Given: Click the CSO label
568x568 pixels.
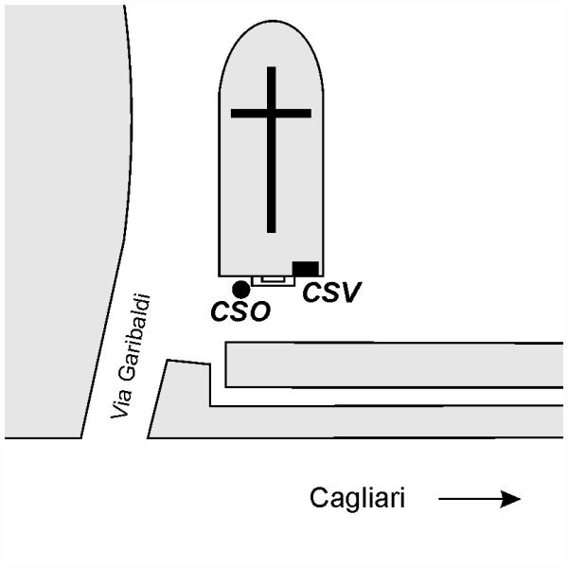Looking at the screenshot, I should [240, 311].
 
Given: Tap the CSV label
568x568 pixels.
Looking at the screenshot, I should [331, 293].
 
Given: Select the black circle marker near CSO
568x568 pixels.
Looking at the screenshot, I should [241, 289].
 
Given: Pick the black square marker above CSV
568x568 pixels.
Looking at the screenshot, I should [305, 268].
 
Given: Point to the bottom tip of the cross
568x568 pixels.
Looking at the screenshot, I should [272, 229].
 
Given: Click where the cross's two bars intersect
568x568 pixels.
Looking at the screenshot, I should [272, 114].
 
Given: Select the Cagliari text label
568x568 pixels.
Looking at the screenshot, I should [358, 499].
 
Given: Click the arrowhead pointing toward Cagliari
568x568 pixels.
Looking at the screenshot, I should [511, 499].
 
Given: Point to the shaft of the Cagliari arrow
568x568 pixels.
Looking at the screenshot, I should [469, 499].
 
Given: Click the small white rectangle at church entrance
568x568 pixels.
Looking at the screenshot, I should [273, 280].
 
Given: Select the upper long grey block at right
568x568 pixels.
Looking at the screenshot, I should [393, 364].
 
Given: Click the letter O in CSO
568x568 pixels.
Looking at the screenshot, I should [258, 311].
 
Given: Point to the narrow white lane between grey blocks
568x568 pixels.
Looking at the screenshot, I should [388, 397].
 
